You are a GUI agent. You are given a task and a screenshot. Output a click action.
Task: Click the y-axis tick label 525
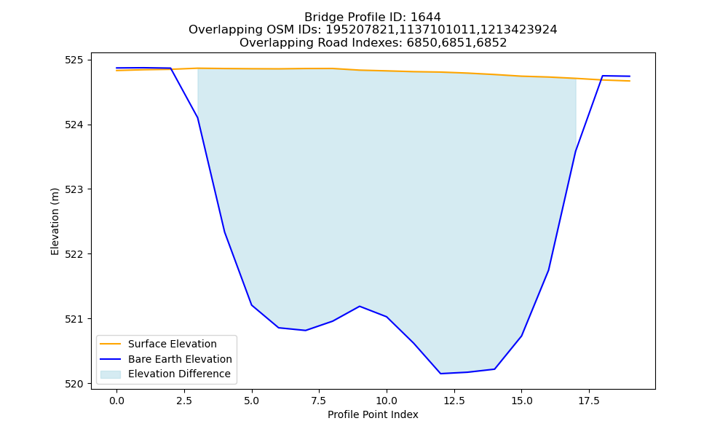[74, 60]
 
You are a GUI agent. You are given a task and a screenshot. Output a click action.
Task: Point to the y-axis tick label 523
[74, 189]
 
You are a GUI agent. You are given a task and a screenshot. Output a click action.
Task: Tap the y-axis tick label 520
[74, 384]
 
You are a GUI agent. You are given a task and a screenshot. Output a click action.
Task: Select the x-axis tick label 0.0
[116, 401]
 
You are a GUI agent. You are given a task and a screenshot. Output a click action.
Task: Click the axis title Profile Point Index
[373, 414]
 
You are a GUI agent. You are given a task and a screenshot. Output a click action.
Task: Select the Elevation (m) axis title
[55, 221]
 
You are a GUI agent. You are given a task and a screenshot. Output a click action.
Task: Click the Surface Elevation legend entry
[173, 344]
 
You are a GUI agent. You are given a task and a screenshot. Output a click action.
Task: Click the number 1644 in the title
[426, 17]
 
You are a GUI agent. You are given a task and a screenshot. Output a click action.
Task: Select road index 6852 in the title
[491, 43]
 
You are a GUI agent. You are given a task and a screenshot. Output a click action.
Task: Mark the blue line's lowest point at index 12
[440, 374]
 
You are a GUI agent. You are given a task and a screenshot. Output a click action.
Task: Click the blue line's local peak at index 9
[360, 306]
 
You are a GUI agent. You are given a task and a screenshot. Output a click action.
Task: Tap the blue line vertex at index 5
[252, 305]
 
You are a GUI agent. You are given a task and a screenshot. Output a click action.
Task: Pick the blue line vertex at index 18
[603, 76]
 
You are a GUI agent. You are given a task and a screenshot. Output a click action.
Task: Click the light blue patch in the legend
[111, 374]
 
